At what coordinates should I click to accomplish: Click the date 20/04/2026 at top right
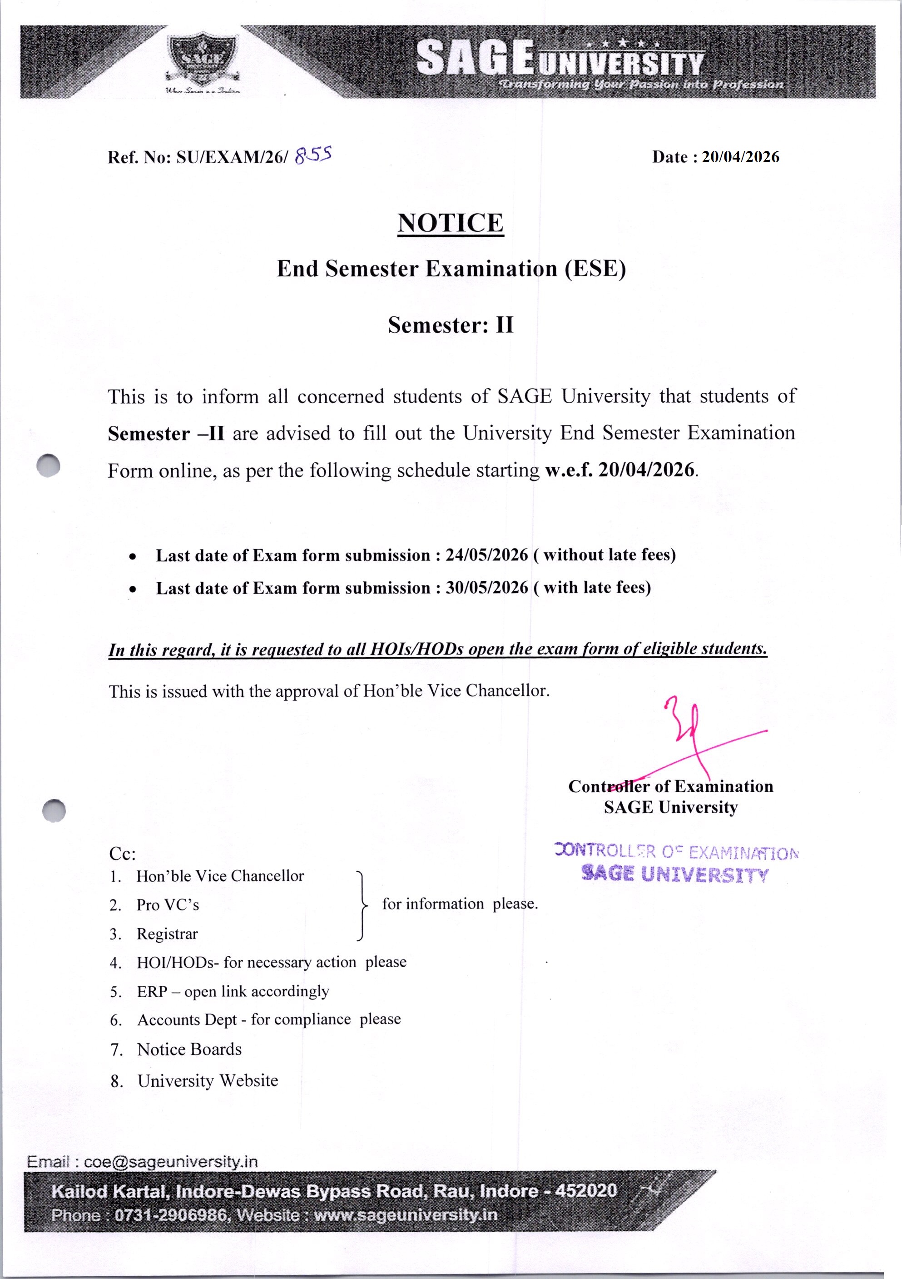click(x=740, y=157)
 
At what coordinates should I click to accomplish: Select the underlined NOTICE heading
click(x=451, y=223)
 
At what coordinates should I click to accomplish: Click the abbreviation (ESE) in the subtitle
click(x=595, y=269)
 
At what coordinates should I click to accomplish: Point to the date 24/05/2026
click(x=486, y=555)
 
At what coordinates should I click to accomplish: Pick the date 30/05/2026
click(x=486, y=588)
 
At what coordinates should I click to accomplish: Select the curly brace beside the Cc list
click(x=362, y=904)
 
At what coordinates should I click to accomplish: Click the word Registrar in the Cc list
click(x=167, y=934)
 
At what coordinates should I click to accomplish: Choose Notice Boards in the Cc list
click(x=189, y=1049)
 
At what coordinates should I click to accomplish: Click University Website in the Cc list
click(x=208, y=1081)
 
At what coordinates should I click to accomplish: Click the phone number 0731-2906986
click(x=170, y=1215)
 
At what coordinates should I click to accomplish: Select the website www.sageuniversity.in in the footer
click(x=405, y=1215)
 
